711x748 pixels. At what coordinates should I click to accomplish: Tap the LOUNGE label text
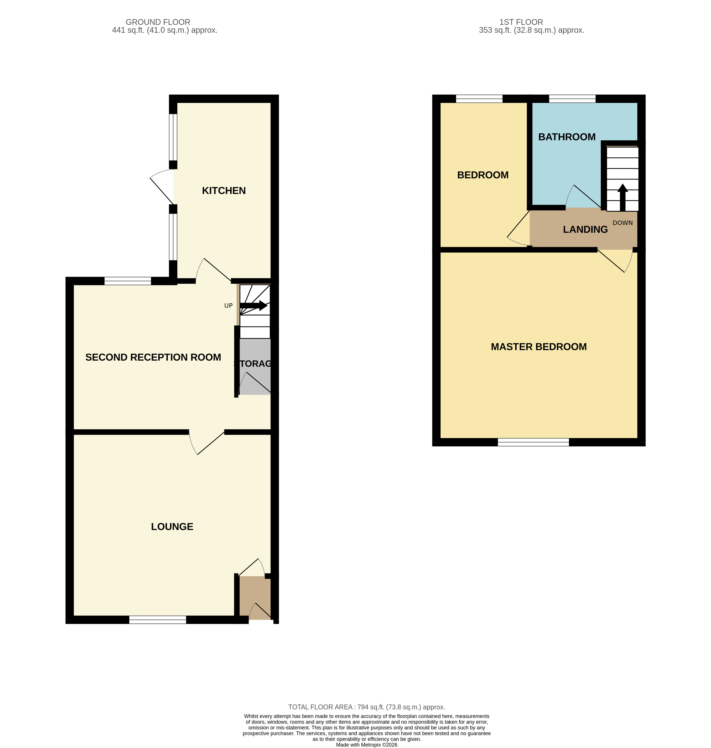click(x=172, y=527)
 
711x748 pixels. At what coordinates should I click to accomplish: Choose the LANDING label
click(x=585, y=229)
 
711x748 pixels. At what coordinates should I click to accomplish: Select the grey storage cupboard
click(x=255, y=366)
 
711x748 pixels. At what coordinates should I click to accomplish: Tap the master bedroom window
click(x=533, y=442)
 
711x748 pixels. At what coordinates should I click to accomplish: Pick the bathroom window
click(x=572, y=98)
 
